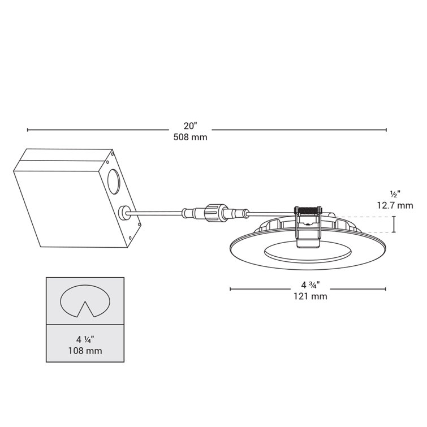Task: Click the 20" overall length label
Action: [191, 126]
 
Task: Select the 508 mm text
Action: [191, 137]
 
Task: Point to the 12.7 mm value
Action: [394, 205]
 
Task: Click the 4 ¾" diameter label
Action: [308, 285]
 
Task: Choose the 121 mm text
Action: [308, 296]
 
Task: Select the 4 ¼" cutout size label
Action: [85, 340]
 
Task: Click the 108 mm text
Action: [85, 351]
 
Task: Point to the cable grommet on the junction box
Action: [124, 213]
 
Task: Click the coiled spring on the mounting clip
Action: [308, 210]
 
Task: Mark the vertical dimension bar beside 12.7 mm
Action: [394, 225]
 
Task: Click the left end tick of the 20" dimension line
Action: [28, 130]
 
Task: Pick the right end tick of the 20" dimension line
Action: [386, 130]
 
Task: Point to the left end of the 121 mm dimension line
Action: [230, 289]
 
